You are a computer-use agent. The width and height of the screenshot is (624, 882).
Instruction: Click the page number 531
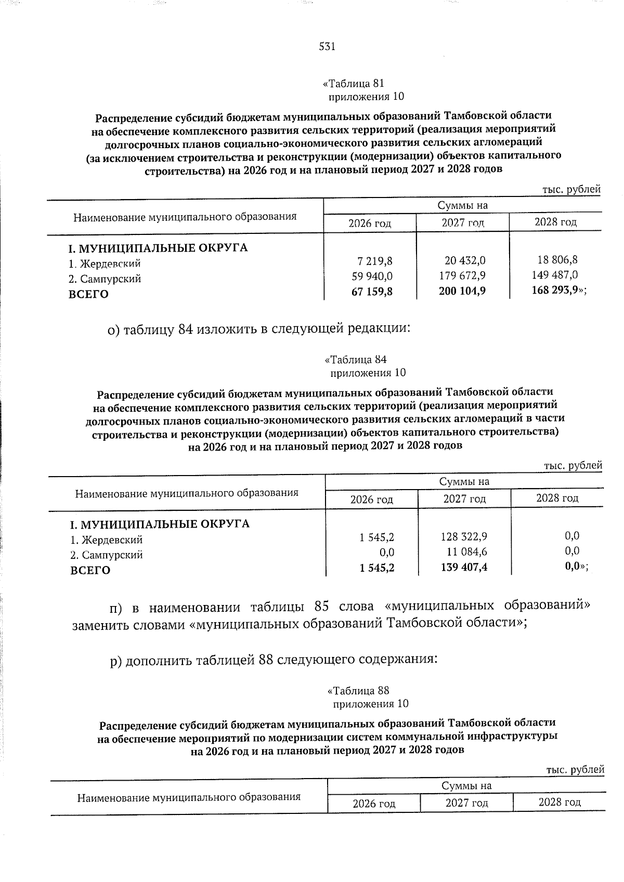(327, 47)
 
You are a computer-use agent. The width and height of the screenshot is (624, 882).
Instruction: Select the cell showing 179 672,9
(462, 275)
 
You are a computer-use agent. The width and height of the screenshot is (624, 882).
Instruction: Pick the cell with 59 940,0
(372, 277)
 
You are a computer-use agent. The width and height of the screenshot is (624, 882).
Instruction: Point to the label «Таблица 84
(355, 360)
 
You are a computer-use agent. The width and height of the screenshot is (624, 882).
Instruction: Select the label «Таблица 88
(358, 691)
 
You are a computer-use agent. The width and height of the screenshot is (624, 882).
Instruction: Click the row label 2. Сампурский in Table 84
(107, 555)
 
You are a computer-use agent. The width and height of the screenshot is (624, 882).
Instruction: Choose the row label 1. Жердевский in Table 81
(105, 264)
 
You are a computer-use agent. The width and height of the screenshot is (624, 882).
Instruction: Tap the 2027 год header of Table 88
(466, 803)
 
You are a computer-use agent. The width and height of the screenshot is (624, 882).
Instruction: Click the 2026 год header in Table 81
(370, 223)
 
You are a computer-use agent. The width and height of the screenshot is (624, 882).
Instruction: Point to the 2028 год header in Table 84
(557, 498)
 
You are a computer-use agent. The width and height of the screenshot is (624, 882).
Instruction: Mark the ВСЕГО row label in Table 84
(90, 571)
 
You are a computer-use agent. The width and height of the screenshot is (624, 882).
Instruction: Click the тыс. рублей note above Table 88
(575, 769)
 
